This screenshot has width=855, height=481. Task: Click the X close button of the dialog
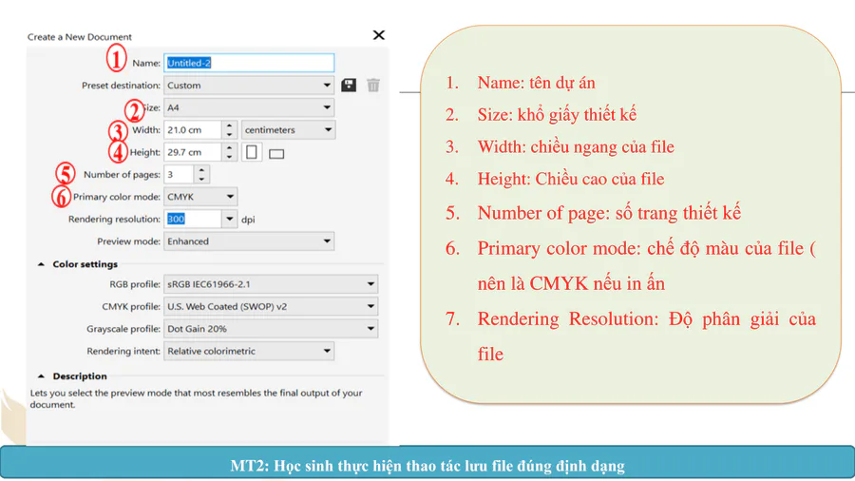click(x=378, y=35)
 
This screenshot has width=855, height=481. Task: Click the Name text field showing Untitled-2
click(x=249, y=63)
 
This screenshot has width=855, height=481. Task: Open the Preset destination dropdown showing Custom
click(x=249, y=85)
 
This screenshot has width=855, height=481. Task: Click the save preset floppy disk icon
click(x=349, y=85)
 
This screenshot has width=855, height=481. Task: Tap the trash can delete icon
click(x=373, y=85)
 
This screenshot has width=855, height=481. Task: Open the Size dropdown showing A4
click(x=249, y=107)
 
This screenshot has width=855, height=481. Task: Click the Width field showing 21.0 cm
click(x=193, y=130)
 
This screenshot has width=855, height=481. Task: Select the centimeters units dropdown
click(x=289, y=130)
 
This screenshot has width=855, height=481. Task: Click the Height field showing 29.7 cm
click(x=193, y=152)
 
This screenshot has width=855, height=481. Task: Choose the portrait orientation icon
click(x=252, y=152)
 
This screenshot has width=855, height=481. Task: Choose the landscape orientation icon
click(x=276, y=154)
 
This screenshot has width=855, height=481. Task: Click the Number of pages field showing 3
click(x=179, y=175)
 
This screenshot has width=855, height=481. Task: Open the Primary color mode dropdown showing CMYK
click(x=200, y=197)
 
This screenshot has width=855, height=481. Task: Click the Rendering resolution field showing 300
click(x=193, y=219)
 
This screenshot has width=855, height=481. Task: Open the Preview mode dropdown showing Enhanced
click(x=249, y=241)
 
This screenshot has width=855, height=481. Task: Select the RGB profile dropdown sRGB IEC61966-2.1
click(x=271, y=284)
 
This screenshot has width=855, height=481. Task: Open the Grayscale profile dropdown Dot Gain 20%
click(x=271, y=329)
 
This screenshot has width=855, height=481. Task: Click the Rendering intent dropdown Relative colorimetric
click(x=249, y=351)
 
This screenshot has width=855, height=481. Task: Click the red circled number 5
click(x=66, y=174)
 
